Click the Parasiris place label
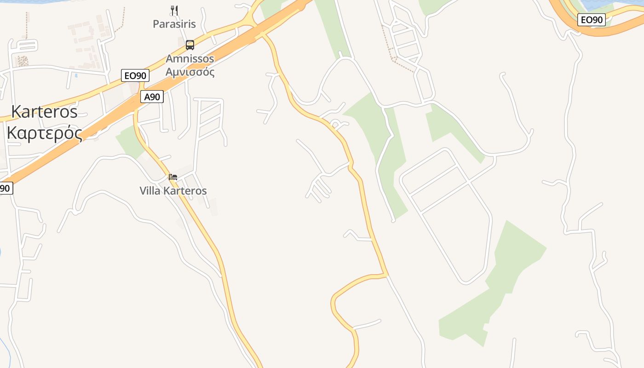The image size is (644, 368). click(x=174, y=24)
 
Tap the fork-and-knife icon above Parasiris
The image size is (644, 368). click(x=174, y=10)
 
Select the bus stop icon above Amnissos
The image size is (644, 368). click(x=190, y=45)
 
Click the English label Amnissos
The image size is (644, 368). click(x=190, y=59)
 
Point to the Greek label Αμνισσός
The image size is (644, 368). click(x=190, y=72)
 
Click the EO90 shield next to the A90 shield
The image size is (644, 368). click(x=135, y=75)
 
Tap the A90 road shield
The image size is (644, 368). click(x=152, y=97)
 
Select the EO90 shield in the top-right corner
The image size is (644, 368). click(x=592, y=20)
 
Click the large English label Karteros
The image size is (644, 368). click(x=44, y=112)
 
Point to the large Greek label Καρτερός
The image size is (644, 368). click(x=45, y=132)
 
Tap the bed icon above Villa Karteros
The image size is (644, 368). click(x=173, y=177)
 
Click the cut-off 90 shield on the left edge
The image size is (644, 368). click(x=6, y=188)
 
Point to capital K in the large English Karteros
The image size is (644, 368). click(x=17, y=112)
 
